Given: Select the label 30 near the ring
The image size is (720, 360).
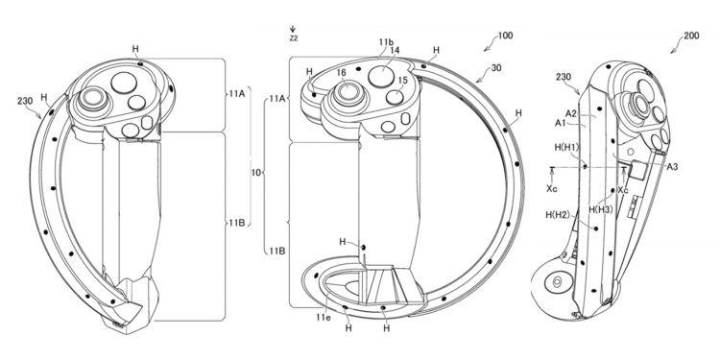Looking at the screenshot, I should (x=495, y=69).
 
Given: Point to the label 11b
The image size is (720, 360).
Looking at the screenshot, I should (x=386, y=43).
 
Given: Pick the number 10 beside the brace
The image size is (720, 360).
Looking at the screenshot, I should (x=254, y=175).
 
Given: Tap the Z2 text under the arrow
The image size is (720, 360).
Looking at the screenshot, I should (x=293, y=39).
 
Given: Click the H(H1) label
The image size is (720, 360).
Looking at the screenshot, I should (x=567, y=147).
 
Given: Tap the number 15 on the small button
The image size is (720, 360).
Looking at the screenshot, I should (x=402, y=82).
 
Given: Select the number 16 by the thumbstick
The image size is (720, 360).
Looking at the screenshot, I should (x=341, y=73).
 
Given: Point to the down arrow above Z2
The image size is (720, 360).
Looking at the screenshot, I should (x=293, y=30).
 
